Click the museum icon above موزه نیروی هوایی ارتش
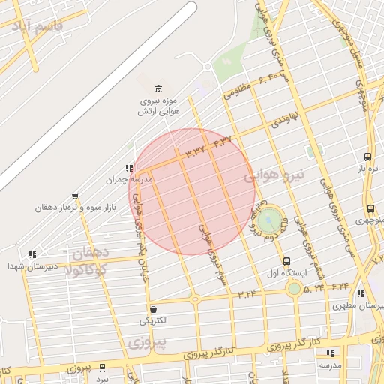point(157,88)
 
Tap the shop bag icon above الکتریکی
point(154,309)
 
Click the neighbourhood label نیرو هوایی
point(274,177)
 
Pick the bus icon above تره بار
point(367,157)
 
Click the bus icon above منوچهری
point(370,209)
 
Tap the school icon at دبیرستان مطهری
point(361,294)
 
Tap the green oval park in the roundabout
point(268,220)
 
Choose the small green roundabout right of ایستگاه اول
point(295,288)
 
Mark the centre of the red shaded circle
point(192,192)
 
